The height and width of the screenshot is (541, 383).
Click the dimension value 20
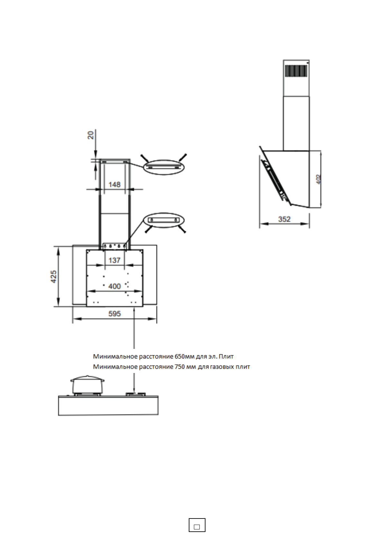[91, 135]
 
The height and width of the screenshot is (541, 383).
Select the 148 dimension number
[114, 184]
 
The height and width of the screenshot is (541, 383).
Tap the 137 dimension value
[114, 260]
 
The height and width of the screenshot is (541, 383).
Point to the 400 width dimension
[114, 286]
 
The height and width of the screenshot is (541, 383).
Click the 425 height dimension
[54, 276]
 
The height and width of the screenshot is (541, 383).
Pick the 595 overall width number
[114, 314]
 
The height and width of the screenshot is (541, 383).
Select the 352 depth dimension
[284, 219]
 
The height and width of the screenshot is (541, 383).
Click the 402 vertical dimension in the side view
[318, 179]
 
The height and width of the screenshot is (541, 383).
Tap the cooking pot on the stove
[87, 384]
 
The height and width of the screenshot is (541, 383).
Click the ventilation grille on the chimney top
[296, 71]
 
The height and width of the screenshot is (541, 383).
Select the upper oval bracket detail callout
[164, 167]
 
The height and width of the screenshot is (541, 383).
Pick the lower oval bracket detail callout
[164, 220]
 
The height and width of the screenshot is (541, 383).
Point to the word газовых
[222, 367]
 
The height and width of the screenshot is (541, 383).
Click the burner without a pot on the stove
[135, 394]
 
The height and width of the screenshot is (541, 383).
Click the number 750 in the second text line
[180, 367]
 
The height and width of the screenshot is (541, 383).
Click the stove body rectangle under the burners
[108, 405]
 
